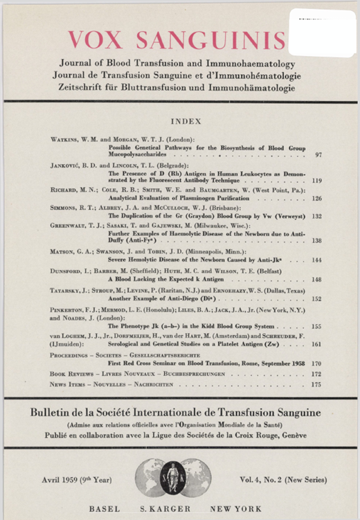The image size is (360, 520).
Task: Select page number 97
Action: [x=318, y=156]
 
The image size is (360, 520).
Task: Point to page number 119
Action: [x=317, y=181]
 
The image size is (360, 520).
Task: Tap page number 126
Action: [x=317, y=198]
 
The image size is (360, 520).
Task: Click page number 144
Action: [x=317, y=260]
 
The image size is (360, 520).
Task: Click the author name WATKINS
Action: [x=67, y=140]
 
